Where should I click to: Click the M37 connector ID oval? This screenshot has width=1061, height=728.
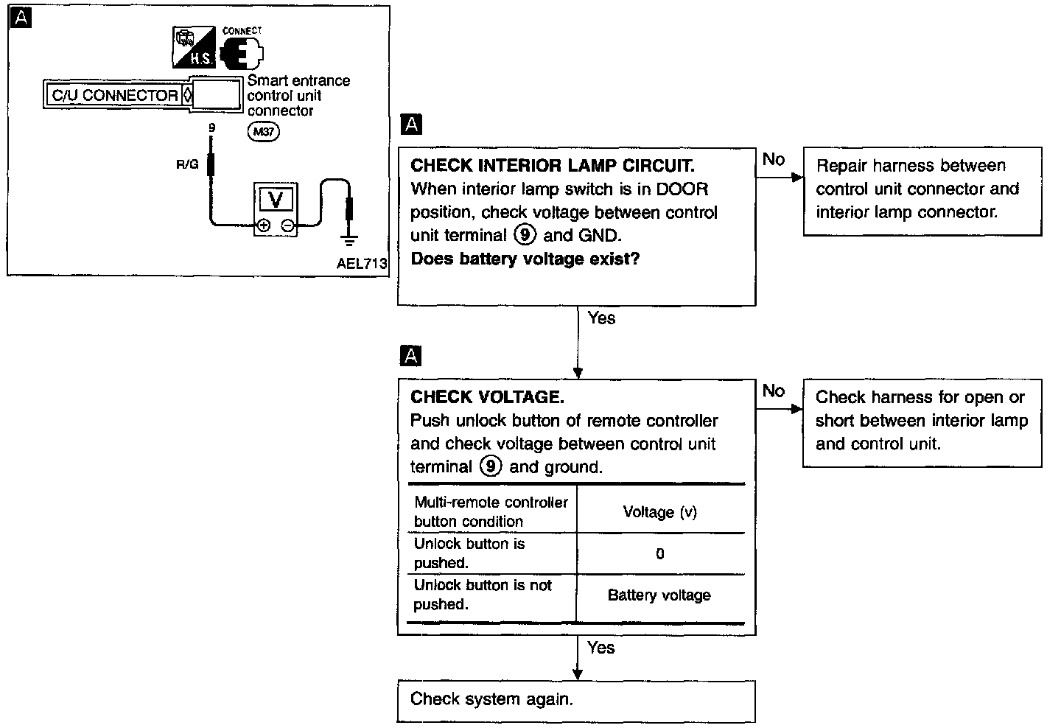coord(263,132)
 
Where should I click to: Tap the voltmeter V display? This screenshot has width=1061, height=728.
coord(276,199)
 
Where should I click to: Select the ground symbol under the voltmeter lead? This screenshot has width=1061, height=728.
coord(349,240)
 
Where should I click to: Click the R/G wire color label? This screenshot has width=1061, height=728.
coord(187,164)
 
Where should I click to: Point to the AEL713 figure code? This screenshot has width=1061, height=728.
coord(361,263)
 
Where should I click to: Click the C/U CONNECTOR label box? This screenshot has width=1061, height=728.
coord(115,95)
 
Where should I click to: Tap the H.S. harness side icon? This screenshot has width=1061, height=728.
coord(193,47)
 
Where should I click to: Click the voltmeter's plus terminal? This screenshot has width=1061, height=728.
coord(263,225)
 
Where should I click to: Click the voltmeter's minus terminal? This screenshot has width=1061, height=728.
coord(287,225)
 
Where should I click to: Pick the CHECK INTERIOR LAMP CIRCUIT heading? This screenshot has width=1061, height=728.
coord(553,166)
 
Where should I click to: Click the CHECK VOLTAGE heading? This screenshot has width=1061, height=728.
coord(487,397)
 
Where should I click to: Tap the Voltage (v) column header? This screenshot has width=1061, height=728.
coord(660,512)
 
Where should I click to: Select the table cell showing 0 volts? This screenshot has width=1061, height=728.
coord(660,553)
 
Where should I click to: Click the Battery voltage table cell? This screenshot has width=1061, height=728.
coord(659,595)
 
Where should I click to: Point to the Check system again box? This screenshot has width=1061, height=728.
coord(576,701)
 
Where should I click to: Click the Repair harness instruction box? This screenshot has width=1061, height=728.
coord(922,192)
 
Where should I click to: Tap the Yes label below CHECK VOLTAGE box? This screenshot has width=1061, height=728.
coord(600,648)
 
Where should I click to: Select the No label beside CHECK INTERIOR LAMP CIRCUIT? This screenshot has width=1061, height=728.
coord(774,159)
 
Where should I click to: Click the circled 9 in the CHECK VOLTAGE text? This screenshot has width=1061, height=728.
coord(491,466)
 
